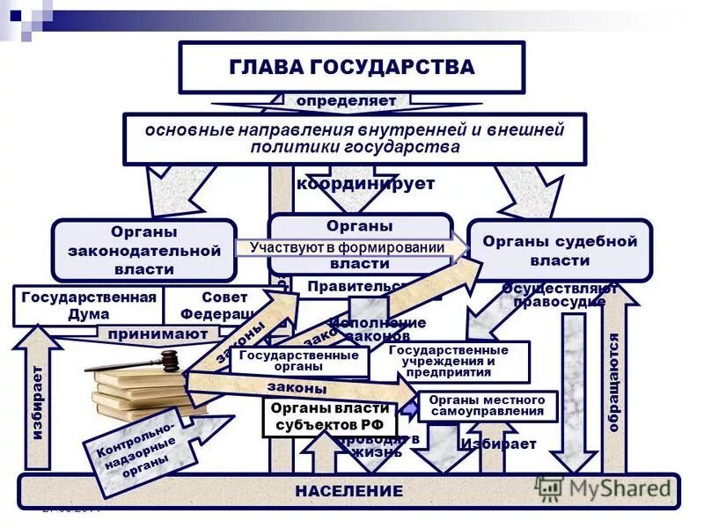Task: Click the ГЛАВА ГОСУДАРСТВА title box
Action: [x=351, y=67]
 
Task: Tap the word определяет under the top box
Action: [x=346, y=101]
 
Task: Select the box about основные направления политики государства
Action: [x=354, y=138]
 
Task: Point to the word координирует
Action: [x=365, y=184]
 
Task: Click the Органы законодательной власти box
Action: [x=144, y=250]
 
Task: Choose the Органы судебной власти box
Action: [x=560, y=250]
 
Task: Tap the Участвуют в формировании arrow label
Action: [x=347, y=247]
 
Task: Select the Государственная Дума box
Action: [x=88, y=305]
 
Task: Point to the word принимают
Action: [x=158, y=334]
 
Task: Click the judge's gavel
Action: [x=141, y=363]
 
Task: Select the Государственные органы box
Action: [x=299, y=361]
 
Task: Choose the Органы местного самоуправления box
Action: [x=487, y=406]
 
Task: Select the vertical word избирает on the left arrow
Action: [x=36, y=402]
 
